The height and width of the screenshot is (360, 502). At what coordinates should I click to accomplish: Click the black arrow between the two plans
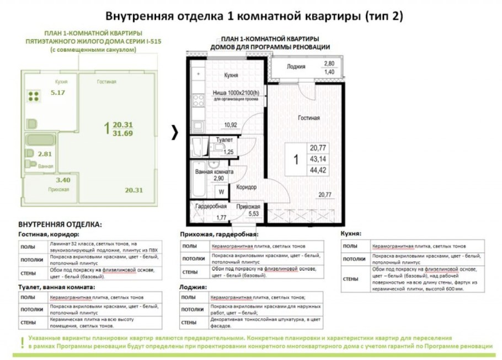(x=175, y=132)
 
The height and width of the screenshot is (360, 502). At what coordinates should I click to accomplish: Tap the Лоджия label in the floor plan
(x=296, y=67)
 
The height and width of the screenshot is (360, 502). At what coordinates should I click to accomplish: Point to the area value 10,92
(x=231, y=125)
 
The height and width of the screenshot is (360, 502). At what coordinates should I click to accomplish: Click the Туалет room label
(x=225, y=141)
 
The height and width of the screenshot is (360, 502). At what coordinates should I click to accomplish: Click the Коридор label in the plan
(x=246, y=187)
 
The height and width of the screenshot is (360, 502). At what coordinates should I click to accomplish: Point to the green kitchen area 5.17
(x=57, y=93)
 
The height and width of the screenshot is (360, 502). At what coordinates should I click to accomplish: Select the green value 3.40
(x=63, y=180)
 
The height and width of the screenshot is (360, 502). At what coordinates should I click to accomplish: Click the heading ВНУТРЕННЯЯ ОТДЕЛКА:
(x=60, y=225)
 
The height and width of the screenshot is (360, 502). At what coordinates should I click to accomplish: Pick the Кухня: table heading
(x=351, y=233)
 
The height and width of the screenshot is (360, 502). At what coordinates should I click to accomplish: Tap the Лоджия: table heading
(x=193, y=287)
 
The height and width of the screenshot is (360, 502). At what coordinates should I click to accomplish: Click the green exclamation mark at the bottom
(x=22, y=341)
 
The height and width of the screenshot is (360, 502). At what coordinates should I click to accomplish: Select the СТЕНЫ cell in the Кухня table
(x=351, y=279)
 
